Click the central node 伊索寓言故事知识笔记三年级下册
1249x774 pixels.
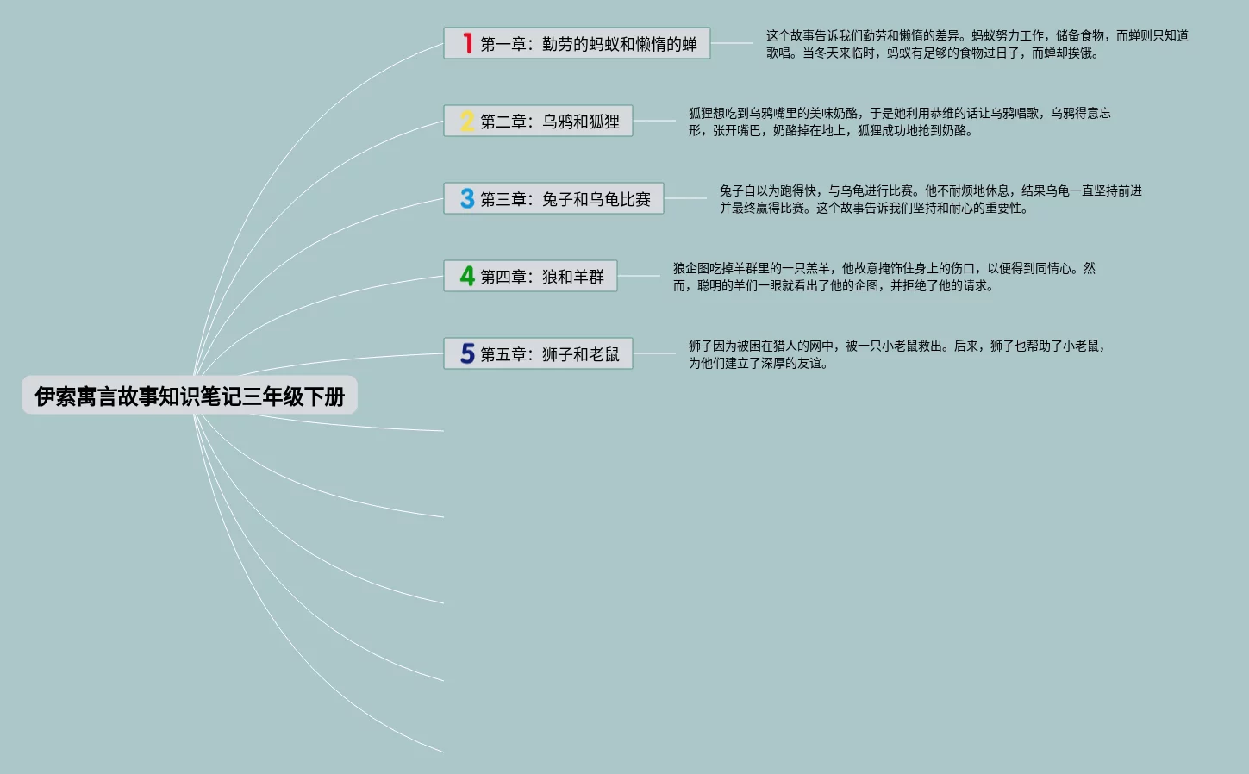coord(190,396)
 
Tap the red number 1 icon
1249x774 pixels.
coord(467,43)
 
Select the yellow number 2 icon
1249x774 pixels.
coord(467,121)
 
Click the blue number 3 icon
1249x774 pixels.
coord(467,198)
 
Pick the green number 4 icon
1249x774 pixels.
coord(467,276)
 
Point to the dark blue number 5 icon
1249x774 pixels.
coord(467,353)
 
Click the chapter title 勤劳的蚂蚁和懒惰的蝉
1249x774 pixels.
coord(619,44)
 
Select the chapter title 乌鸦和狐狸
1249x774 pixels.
coord(580,122)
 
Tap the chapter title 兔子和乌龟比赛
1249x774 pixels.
coord(596,199)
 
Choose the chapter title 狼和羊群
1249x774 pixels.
coord(572,277)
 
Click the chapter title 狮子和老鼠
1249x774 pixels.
coord(580,354)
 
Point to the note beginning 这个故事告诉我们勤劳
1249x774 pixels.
coord(977,44)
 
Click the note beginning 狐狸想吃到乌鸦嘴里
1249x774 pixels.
coord(899,122)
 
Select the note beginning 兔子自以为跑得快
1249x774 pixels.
coord(930,199)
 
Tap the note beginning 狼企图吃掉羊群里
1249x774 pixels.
coord(884,277)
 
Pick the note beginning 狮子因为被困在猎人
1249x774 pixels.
coord(896,354)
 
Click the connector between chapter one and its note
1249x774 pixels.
coord(732,43)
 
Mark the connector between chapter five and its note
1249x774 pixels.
coord(654,353)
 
